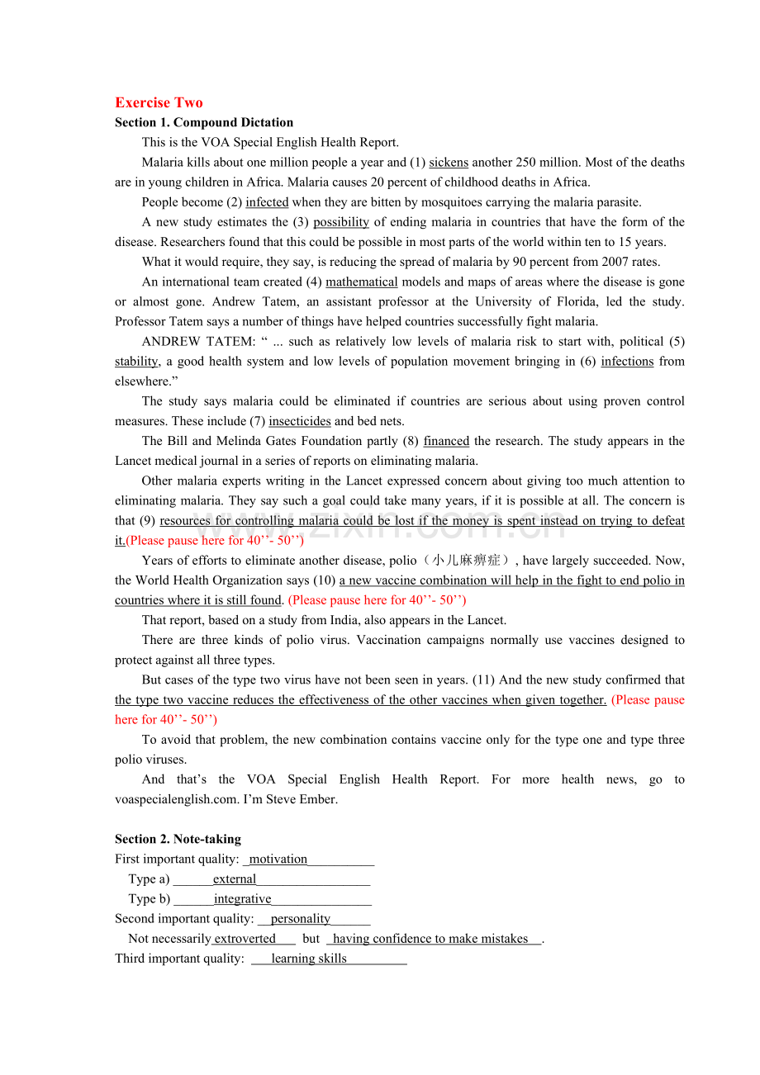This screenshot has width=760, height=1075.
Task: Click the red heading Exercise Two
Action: [159, 102]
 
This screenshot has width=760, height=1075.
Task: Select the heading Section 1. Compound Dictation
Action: [204, 122]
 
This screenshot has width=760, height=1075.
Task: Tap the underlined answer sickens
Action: [449, 163]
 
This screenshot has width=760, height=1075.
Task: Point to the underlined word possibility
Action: [341, 222]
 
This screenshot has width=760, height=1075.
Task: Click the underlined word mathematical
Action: [362, 282]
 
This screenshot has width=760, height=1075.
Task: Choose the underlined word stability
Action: [136, 361]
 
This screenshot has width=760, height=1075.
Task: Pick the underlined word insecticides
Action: [300, 421]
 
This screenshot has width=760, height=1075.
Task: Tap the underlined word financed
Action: [446, 441]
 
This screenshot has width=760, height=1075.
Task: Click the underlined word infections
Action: [627, 361]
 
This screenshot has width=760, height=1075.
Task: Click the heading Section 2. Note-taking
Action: [178, 839]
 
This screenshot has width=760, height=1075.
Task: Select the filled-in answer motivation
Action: [278, 860]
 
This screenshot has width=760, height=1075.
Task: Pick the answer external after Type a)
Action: [235, 879]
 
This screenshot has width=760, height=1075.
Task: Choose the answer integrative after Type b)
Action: [242, 899]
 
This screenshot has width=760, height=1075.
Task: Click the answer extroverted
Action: [245, 939]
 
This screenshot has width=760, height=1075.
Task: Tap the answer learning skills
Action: [309, 959]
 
